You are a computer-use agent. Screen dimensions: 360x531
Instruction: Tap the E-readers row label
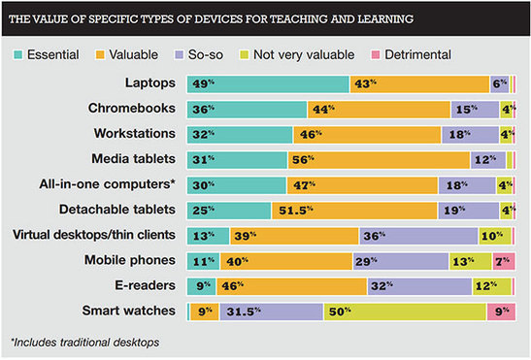click(x=147, y=286)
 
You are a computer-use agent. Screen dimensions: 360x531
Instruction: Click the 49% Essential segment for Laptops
click(x=268, y=84)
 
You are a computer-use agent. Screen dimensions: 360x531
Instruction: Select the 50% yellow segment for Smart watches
click(x=405, y=311)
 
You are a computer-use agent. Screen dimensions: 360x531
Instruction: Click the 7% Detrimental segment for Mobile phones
click(x=503, y=261)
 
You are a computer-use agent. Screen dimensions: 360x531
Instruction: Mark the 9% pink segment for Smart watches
click(x=500, y=311)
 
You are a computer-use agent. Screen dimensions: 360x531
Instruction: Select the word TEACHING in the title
click(x=312, y=18)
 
